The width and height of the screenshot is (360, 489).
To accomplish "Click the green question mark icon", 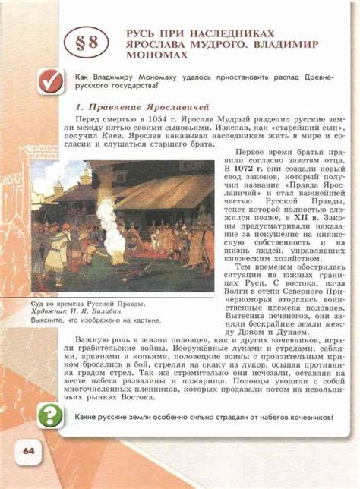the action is point(51,416).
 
